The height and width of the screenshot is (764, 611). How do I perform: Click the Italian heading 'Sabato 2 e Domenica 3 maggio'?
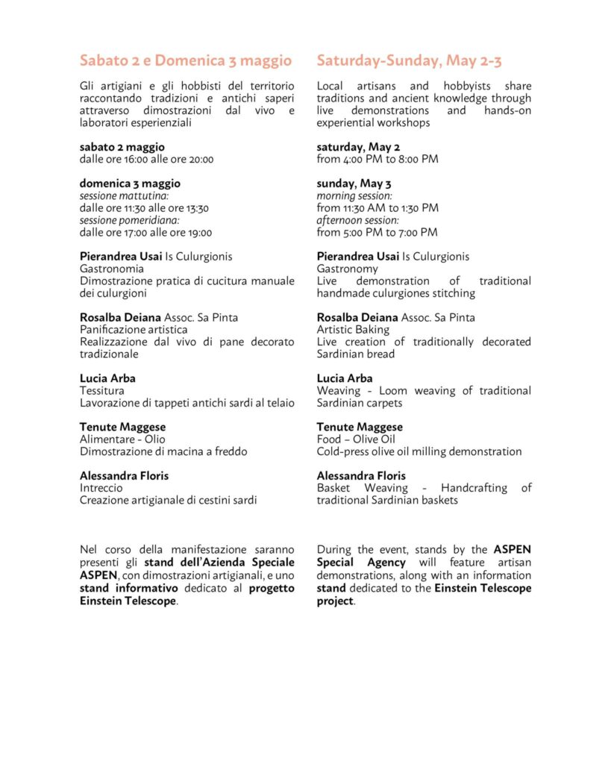point(185,60)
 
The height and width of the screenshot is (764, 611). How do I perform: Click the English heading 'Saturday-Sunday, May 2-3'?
point(409,60)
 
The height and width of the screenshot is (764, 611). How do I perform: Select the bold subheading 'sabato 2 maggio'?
point(122,147)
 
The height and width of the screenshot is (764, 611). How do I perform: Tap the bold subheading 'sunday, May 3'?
point(354,184)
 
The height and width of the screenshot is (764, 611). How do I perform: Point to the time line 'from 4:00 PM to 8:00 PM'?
point(377,159)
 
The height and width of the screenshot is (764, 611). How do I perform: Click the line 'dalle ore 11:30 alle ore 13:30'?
point(144,208)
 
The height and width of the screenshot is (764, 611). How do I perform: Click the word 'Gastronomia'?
point(112,269)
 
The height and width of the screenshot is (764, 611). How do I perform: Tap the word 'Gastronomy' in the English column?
point(347,269)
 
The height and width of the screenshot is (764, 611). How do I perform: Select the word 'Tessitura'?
point(102,390)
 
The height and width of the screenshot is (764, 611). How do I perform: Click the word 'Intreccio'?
point(101,488)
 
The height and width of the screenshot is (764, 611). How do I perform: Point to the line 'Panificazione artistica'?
point(134,329)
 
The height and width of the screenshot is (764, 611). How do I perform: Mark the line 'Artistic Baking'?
point(353,329)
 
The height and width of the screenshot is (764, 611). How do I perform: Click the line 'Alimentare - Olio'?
point(122,439)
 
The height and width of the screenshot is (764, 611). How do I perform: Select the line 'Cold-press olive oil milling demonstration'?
point(419,451)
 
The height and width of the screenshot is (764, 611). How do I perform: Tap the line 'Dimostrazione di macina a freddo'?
point(163,451)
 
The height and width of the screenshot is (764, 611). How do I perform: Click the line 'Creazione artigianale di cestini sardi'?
point(168,500)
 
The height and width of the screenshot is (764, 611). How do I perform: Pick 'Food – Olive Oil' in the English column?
point(356,439)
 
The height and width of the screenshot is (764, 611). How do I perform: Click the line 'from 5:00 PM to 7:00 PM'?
point(377,232)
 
